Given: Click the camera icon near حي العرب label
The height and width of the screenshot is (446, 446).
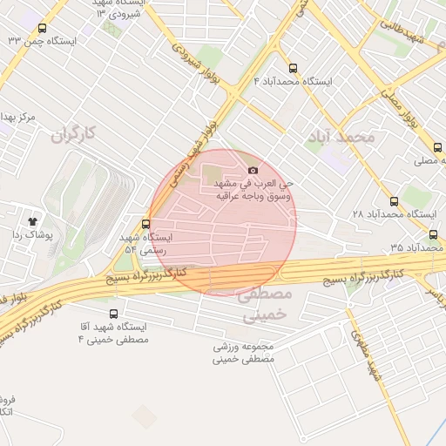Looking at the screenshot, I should [253, 171].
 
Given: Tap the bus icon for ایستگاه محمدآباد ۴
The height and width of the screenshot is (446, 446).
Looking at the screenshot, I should [292, 66].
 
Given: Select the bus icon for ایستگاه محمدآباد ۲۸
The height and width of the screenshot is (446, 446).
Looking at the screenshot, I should [394, 200].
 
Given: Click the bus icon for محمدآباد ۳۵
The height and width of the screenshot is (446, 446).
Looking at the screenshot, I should [434, 234].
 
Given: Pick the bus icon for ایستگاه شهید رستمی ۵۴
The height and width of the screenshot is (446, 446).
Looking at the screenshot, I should [145, 222].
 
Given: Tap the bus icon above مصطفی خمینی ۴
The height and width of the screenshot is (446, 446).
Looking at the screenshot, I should [113, 314].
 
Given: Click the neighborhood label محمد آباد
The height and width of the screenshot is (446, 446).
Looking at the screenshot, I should [341, 138].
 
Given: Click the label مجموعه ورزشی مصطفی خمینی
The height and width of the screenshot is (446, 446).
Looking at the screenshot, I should [245, 352].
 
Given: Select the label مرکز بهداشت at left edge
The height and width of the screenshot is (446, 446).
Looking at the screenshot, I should [18, 116].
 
